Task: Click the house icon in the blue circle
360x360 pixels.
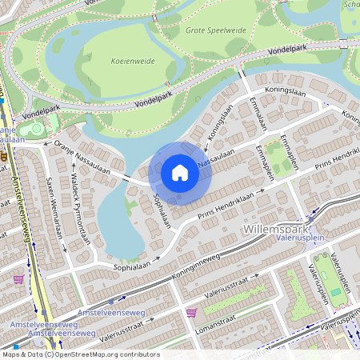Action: pyautogui.click(x=180, y=172)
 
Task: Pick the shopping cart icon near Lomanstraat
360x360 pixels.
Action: pyautogui.click(x=191, y=312)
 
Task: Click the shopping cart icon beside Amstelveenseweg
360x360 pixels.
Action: pyautogui.click(x=18, y=279)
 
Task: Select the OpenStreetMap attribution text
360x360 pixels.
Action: pyautogui.click(x=80, y=354)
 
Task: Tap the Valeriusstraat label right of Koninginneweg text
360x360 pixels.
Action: pyautogui.click(x=230, y=295)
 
